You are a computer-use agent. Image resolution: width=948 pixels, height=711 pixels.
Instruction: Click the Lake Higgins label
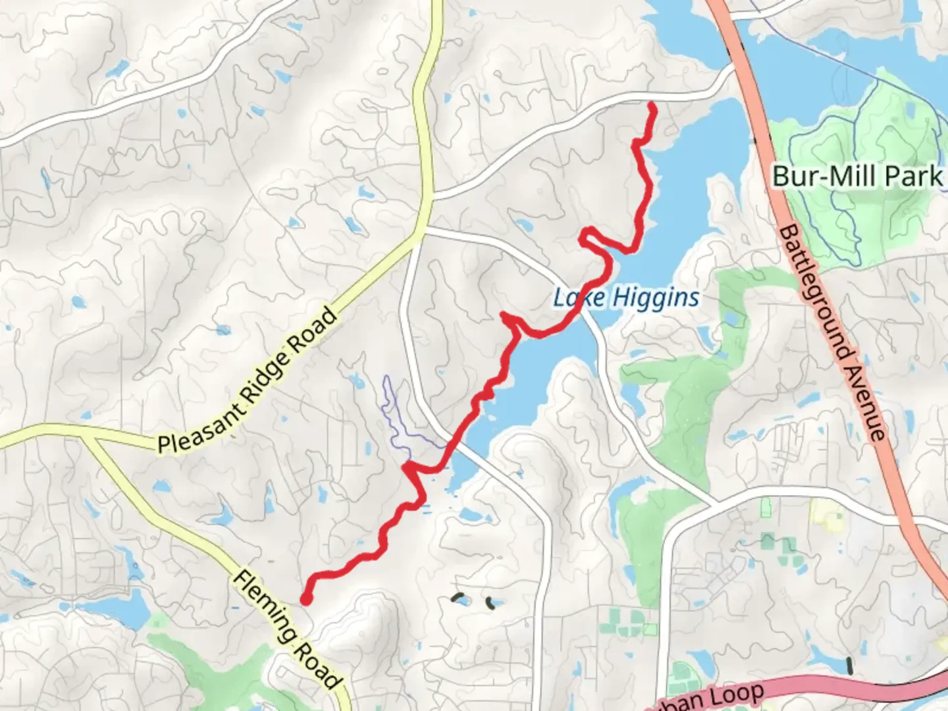click(626, 298)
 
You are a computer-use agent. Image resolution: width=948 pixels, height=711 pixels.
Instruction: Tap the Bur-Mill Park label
click(857, 176)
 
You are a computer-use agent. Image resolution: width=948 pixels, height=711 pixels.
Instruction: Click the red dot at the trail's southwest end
click(306, 598)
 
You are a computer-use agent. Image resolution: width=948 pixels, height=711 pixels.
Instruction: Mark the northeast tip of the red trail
click(652, 105)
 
